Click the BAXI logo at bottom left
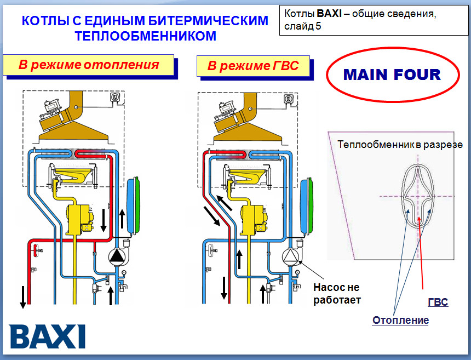(48, 335)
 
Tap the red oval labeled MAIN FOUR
(392, 75)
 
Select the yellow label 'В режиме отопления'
(88, 65)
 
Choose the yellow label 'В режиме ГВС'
(253, 66)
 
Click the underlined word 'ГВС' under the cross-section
(438, 302)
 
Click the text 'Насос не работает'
(337, 293)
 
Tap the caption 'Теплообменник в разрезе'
(400, 145)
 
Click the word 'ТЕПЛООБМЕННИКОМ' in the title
(145, 36)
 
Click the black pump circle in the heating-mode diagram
(117, 256)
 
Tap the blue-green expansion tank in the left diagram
(134, 205)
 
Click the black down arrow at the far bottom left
(23, 296)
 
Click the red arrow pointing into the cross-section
(422, 252)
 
